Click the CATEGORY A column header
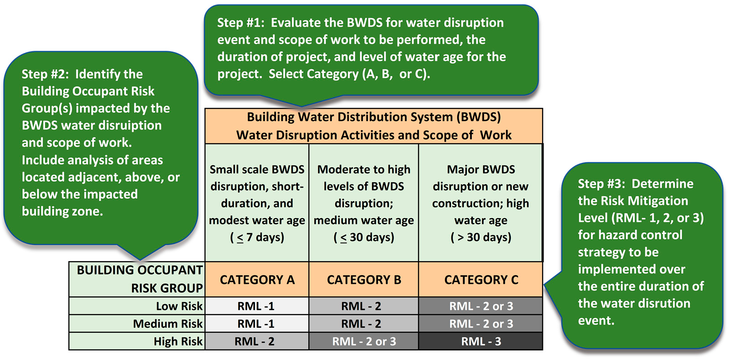pos(257,280)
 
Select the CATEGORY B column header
pos(364,280)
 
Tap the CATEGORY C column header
pos(481,280)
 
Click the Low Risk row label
pos(179,306)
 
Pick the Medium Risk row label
pos(167,324)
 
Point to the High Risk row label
pos(178,341)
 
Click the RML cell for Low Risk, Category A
pos(257,306)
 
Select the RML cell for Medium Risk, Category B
pos(364,324)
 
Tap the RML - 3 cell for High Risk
pos(481,341)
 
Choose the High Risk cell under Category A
pos(257,341)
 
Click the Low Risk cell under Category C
pos(481,306)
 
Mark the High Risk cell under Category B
pos(364,341)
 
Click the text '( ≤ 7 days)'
pos(257,238)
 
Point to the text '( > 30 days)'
pos(481,238)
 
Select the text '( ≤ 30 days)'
pos(364,238)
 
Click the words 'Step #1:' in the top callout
pos(241,23)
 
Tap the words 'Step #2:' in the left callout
pos(45,74)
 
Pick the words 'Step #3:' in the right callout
pos(602,184)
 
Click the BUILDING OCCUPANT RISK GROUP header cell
pos(137,279)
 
